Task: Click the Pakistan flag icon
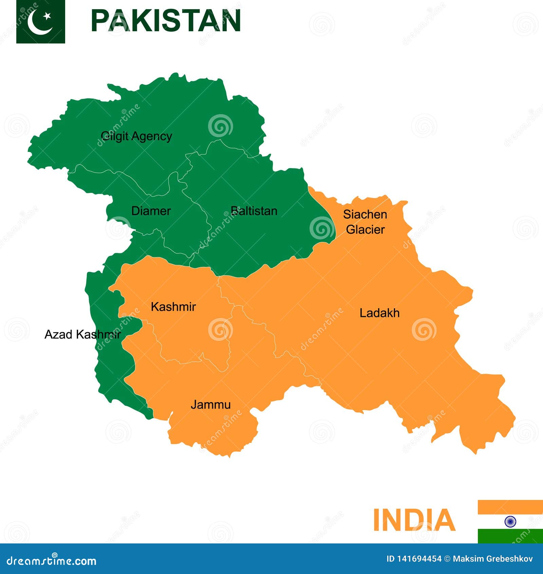[x=41, y=21]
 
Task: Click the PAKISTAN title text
[x=166, y=21]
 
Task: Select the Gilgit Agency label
[x=136, y=136]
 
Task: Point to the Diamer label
[x=151, y=211]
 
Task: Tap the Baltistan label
[x=254, y=211]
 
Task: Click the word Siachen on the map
[x=365, y=214]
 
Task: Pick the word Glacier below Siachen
[x=365, y=230]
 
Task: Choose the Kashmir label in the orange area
[x=173, y=307]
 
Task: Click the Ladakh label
[x=379, y=313]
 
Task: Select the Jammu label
[x=211, y=405]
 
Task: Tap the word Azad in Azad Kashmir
[x=58, y=335]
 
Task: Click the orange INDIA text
[x=414, y=520]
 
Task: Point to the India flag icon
[x=510, y=521]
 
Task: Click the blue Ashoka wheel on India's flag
[x=510, y=521]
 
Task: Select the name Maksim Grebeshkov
[x=493, y=559]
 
